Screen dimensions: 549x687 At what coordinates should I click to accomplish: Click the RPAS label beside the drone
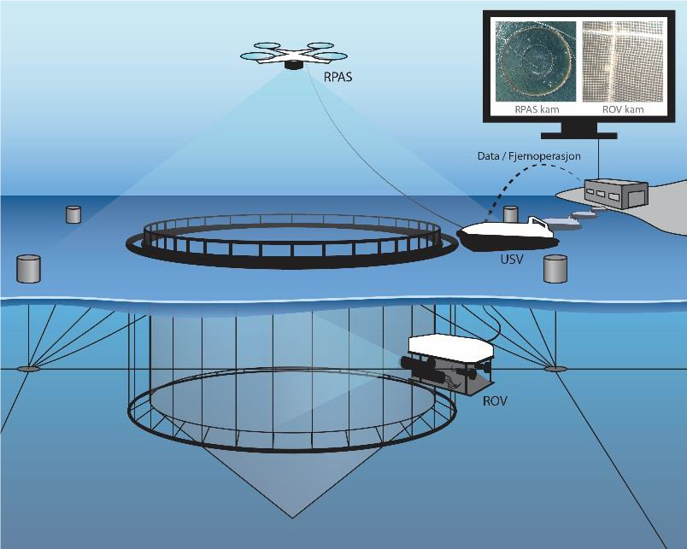click(x=338, y=76)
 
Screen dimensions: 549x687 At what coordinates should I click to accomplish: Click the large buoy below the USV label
click(x=556, y=268)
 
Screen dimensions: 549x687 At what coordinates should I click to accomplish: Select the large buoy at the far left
click(x=29, y=268)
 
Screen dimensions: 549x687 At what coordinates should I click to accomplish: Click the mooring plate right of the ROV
click(x=555, y=369)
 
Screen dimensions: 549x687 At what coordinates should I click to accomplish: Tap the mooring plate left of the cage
click(x=28, y=369)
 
